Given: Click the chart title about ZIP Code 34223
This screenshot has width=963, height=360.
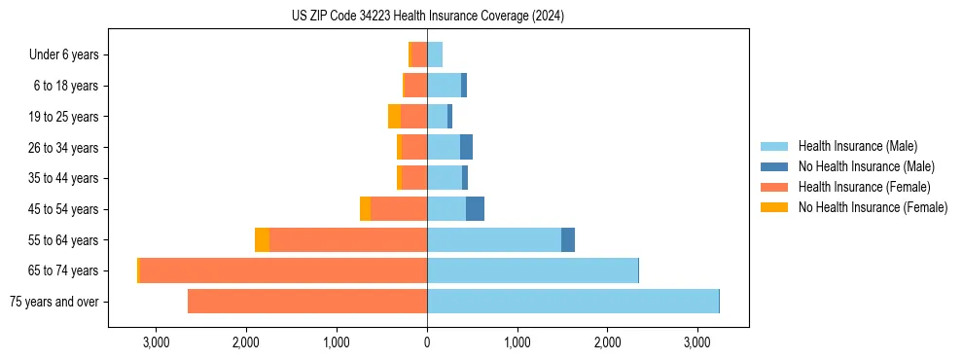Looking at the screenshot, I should pos(427,16).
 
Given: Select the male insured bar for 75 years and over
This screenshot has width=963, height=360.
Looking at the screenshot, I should pos(572,302).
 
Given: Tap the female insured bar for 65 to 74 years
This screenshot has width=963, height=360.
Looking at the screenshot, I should pos(283,270).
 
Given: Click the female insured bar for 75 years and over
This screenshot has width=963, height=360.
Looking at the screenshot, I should pos(307,302).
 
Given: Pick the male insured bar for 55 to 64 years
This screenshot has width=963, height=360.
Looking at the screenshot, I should pos(494,239).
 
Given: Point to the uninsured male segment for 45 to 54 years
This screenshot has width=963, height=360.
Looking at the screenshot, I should pos(475,209).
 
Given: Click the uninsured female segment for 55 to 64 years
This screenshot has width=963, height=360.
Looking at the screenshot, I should pos(262,239).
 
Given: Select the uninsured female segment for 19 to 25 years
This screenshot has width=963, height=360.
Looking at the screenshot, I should pos(394,117).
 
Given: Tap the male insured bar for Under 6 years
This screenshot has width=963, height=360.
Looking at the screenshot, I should pos(435,54).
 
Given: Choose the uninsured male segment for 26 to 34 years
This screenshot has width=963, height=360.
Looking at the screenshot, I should pos(466,147).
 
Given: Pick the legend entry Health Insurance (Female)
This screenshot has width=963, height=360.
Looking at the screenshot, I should pos(864,187).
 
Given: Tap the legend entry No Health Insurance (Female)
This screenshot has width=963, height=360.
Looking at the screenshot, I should pos(872,206).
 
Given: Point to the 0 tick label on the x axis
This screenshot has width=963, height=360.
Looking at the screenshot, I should pos(427,342).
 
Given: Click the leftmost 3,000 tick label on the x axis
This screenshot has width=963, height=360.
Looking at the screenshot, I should pos(157,342).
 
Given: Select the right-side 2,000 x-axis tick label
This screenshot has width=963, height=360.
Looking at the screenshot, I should pos(607,342).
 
